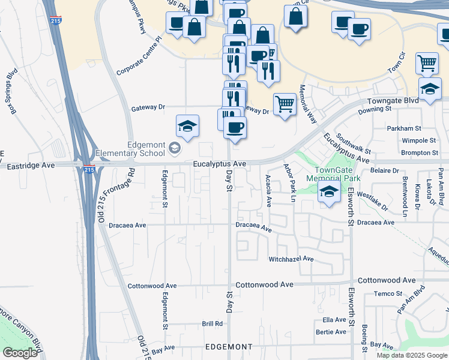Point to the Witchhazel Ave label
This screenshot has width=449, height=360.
tap(291, 259)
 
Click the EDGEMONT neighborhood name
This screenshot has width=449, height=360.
tap(229, 347)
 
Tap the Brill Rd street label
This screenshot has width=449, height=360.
tap(212, 323)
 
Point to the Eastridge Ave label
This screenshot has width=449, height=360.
tap(31, 164)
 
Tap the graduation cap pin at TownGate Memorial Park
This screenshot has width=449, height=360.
tap(328, 193)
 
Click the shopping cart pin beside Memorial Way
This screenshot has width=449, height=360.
tap(285, 104)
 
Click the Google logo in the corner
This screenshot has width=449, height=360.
tap(20, 353)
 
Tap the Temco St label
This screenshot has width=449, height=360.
tap(387, 293)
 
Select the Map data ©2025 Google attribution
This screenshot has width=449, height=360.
tap(412, 355)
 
